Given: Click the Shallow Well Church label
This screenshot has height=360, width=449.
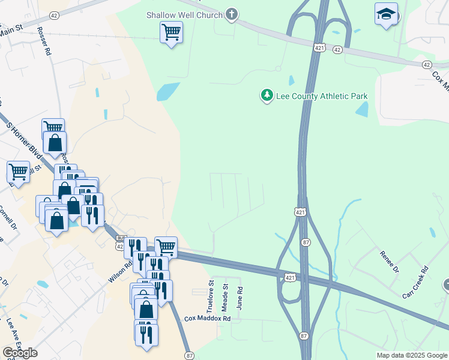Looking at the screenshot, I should tap(184, 14).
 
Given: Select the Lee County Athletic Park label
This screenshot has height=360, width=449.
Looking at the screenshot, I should tap(321, 96).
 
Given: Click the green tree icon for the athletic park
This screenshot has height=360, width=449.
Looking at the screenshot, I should tap(267, 95).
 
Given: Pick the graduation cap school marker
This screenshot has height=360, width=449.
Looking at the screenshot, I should tap(386, 13).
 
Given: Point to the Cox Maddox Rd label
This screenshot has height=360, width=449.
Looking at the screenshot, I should tap(208, 319).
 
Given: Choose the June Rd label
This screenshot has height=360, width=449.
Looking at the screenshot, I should tap(240, 298).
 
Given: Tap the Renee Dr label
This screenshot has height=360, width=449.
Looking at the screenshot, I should tap(388, 262).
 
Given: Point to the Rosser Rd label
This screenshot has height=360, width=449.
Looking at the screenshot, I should tap(44, 41).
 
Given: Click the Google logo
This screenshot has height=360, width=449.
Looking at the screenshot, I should tap(20, 353).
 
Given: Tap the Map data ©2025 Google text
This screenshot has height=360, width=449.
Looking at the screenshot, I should tap(412, 355).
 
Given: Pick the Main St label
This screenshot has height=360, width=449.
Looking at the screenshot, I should tap(11, 28).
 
